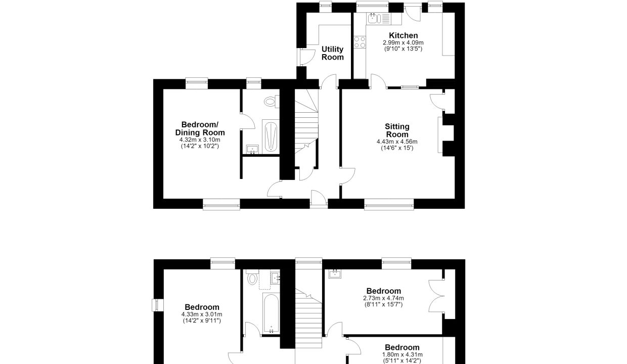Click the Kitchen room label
(x=404, y=35)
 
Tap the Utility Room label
(x=333, y=53)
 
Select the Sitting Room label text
(x=397, y=130)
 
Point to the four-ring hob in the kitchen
(x=360, y=42)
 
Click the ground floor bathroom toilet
(x=272, y=102)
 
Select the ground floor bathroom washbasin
(x=252, y=150)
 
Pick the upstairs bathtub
(x=271, y=313)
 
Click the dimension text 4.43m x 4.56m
(x=397, y=142)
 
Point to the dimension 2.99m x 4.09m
(x=403, y=43)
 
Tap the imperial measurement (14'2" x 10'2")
(x=200, y=146)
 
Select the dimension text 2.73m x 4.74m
(x=383, y=298)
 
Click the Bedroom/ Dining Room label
(x=200, y=128)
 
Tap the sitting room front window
(x=389, y=204)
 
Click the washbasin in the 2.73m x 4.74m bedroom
(x=335, y=274)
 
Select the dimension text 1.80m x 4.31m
(x=402, y=355)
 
